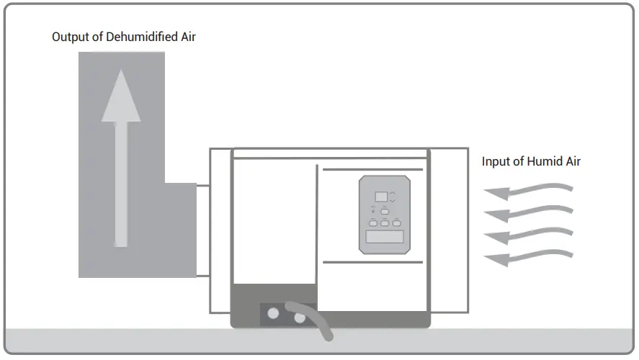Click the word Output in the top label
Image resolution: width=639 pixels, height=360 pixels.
point(68,37)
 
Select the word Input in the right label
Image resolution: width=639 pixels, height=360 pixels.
point(495,161)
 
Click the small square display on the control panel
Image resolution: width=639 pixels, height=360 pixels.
point(381,196)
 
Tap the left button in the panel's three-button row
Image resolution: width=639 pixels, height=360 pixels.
point(374,224)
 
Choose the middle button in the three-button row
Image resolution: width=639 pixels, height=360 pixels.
point(385,224)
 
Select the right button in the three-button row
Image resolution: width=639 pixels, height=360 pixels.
point(396,224)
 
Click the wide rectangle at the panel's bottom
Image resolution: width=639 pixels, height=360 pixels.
point(385,237)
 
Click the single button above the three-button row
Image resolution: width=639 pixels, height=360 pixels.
point(385,211)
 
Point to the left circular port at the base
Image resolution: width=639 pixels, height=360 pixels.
point(273,314)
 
